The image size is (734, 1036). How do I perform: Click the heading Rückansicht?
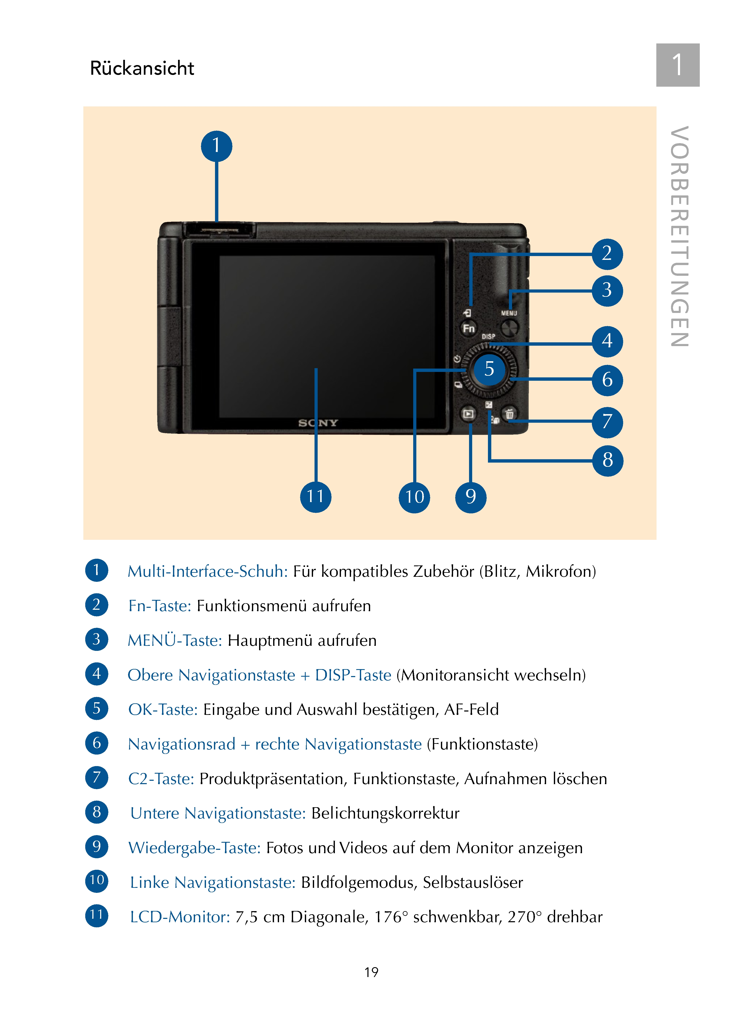142,68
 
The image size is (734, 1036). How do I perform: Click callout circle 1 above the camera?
216,146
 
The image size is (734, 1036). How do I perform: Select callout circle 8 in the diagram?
607,460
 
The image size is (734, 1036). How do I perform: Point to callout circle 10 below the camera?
414,497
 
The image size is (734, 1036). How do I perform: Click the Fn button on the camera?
469,328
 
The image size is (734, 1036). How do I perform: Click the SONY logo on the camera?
318,423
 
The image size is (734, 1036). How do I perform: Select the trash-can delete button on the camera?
509,413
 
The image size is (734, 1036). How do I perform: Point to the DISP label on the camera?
488,337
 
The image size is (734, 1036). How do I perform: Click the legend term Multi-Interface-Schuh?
207,572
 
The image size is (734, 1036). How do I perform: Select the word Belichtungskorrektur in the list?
385,813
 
